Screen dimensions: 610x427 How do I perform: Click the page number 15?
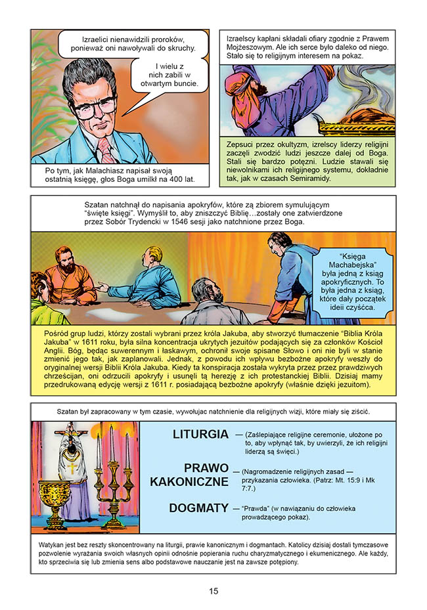[213, 591]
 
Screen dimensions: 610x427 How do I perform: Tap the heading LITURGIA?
[200, 435]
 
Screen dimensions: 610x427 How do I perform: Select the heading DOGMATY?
[198, 508]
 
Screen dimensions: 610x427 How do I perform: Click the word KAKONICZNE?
[189, 481]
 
